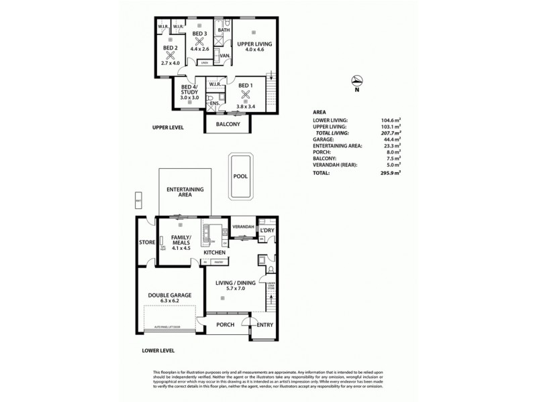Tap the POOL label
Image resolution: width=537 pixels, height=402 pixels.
(x=240, y=176)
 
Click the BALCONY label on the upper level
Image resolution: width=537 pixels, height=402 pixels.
(x=228, y=124)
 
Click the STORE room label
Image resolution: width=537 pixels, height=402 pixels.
(x=147, y=242)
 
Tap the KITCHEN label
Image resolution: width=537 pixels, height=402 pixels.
(x=224, y=252)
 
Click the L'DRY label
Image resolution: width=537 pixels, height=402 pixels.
(x=267, y=231)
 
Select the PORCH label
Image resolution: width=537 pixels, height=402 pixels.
(x=226, y=325)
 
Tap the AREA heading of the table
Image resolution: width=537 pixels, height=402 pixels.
(x=321, y=112)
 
